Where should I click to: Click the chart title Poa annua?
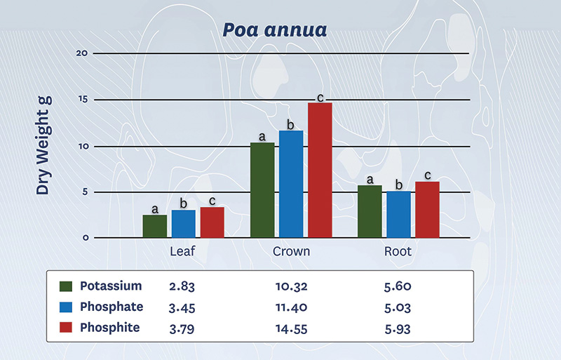coord(280,30)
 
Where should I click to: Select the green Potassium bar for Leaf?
coord(154,226)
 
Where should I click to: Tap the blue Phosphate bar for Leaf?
coord(184,223)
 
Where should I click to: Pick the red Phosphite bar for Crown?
coord(320,170)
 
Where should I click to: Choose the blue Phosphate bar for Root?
coord(398,214)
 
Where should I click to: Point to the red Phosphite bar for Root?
coord(427,209)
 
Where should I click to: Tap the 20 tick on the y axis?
coord(81,53)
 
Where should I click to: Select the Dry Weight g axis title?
coord(43,145)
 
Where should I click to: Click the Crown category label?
coord(291,251)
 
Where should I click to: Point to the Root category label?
coord(398,251)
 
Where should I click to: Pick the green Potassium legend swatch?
coord(67,286)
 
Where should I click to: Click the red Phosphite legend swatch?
coord(67,328)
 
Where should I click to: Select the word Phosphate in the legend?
coord(111,307)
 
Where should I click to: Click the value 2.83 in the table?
coord(182,286)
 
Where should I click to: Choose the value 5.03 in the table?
coord(397,307)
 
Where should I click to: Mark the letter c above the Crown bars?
coord(320,98)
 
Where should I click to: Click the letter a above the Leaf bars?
coord(154,209)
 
